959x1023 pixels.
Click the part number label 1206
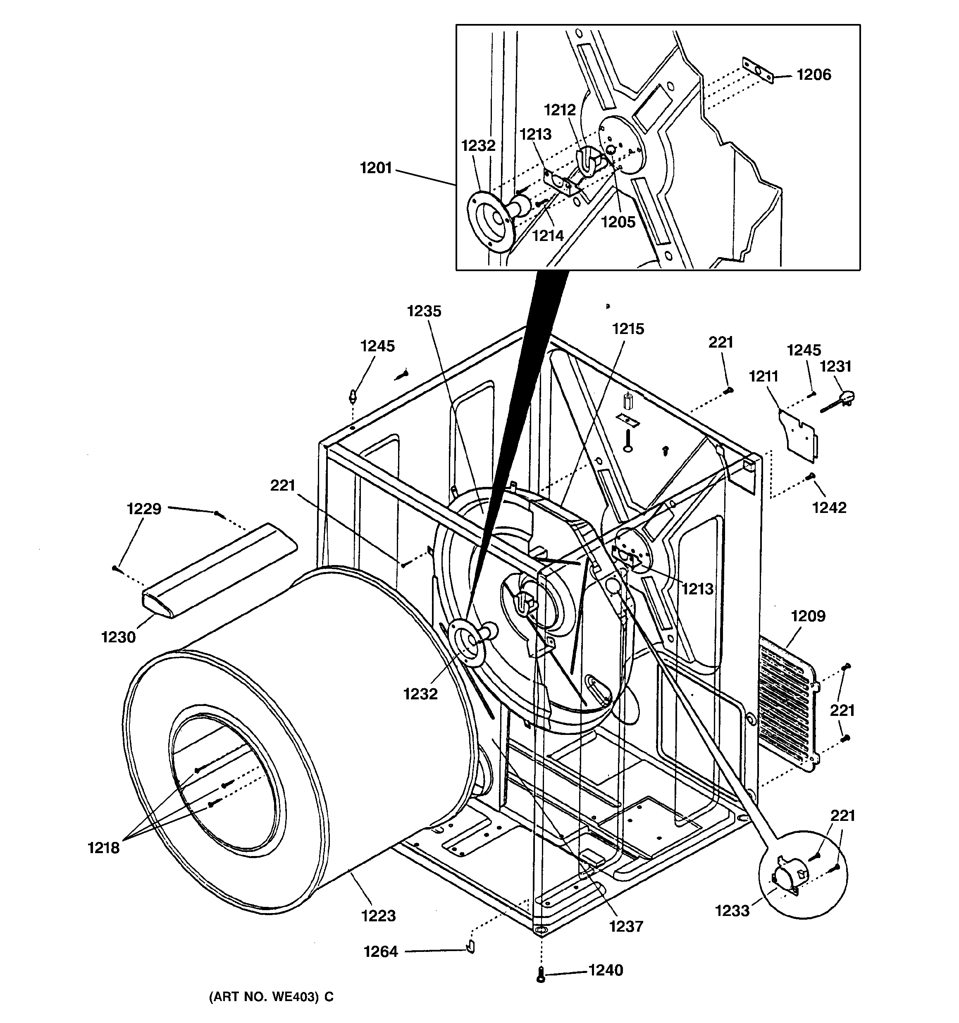pos(813,75)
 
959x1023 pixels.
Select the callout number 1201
pos(376,168)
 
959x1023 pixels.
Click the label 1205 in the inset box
pos(618,222)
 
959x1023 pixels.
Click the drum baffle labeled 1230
pos(219,571)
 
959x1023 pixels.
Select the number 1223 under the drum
pos(378,916)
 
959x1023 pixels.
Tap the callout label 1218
pos(103,847)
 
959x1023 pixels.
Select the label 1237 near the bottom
pos(626,926)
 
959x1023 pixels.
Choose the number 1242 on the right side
pos(829,508)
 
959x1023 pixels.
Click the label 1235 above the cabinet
pos(424,311)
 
